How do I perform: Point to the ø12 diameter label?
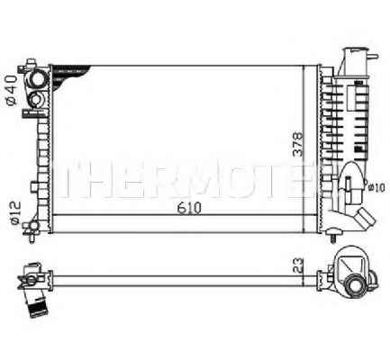tap(13, 212)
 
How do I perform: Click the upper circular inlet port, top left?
tap(39, 78)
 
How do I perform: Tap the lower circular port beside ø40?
tap(39, 100)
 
